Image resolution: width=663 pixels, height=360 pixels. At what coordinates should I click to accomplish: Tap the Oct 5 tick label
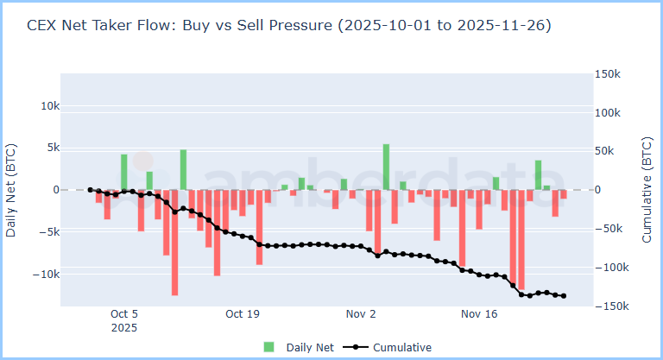[124, 314]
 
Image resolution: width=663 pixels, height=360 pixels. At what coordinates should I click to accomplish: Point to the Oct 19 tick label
[242, 314]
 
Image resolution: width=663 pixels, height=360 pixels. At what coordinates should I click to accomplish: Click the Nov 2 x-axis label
[360, 314]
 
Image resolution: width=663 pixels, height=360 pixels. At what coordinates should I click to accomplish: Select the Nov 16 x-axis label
[478, 314]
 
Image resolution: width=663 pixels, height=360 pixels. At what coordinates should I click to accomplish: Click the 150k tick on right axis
[607, 74]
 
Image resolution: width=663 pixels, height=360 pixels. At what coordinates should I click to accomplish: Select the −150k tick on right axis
[609, 306]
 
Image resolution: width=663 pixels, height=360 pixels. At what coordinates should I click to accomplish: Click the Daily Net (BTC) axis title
[11, 190]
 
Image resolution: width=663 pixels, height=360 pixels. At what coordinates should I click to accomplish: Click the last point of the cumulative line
[564, 296]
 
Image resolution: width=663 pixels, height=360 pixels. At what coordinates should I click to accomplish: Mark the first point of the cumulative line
[91, 190]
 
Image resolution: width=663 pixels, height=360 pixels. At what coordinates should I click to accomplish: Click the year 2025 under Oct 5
[124, 328]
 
